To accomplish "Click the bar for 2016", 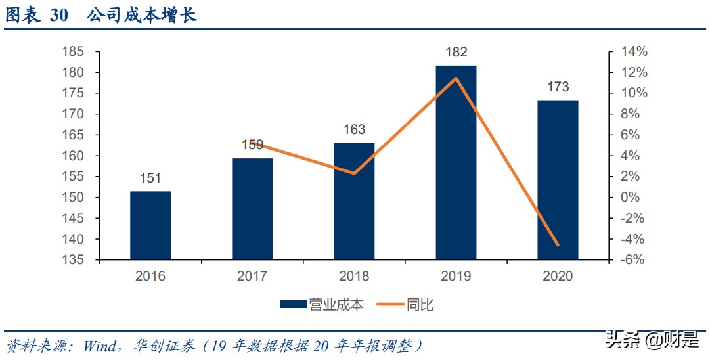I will [x=150, y=225].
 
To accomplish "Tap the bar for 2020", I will [x=558, y=180].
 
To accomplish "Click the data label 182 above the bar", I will [x=456, y=53].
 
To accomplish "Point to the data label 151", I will [x=150, y=178].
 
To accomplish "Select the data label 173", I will [x=558, y=87].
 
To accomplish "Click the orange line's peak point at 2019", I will [x=456, y=78].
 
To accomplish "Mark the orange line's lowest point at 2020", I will [x=558, y=245].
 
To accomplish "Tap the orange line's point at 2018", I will [x=354, y=173].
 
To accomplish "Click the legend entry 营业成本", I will [x=322, y=304].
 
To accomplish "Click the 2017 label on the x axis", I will [x=252, y=276].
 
